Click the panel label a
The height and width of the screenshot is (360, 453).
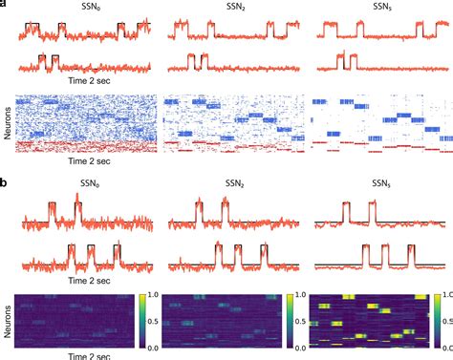pos(5,6)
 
